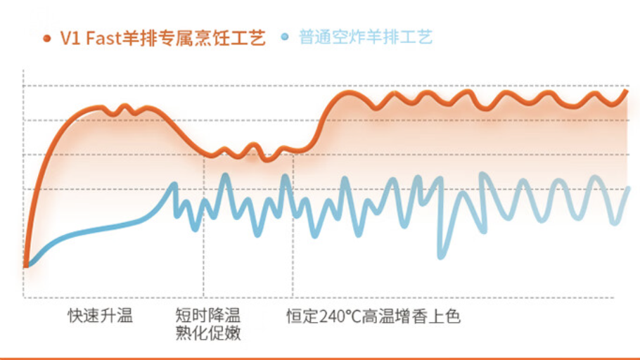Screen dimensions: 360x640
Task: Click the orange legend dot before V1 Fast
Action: tap(47, 38)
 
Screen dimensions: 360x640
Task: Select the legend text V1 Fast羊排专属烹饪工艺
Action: tap(162, 38)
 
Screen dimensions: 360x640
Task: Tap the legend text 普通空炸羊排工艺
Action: tap(365, 37)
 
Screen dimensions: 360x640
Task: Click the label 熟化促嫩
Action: tap(208, 334)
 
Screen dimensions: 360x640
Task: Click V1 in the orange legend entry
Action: tap(70, 38)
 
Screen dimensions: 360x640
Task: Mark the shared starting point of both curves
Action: tap(26, 264)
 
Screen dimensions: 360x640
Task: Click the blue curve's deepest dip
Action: tap(441, 256)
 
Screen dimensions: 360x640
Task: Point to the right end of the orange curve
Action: tap(627, 91)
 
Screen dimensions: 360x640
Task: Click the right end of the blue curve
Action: tap(629, 188)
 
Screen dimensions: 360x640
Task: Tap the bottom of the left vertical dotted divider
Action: tap(204, 297)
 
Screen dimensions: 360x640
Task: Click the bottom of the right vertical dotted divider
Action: tap(293, 297)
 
